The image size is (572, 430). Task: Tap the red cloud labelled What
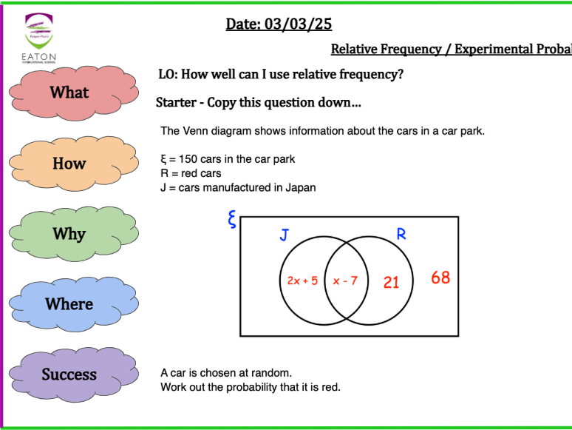point(69,93)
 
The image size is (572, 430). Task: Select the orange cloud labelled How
point(69,164)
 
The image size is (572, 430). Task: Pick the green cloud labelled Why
point(69,234)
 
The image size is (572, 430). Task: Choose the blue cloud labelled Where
point(69,304)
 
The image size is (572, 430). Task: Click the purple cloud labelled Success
point(69,374)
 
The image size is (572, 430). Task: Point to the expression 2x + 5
point(302,281)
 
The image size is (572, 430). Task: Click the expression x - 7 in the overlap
point(345,281)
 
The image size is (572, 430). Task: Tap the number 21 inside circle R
point(391,282)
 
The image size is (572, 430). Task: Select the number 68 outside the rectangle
point(440,278)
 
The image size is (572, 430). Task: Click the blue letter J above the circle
point(284,235)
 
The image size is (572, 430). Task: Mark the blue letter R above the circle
point(401,235)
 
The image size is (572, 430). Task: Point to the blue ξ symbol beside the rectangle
point(231,220)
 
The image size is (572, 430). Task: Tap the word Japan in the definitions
point(301,187)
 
